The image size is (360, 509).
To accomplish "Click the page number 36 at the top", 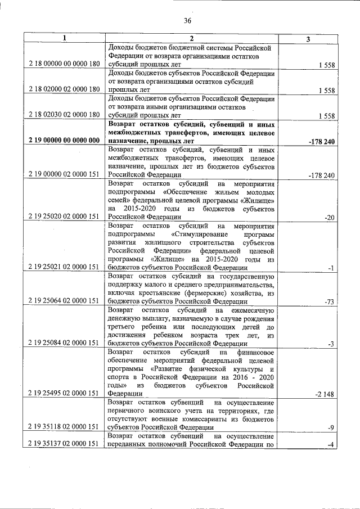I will tap(187, 21).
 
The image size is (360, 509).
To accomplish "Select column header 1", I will tap(64, 38).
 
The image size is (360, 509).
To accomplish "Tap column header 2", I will tap(191, 38).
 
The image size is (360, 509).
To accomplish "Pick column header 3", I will tap(307, 38).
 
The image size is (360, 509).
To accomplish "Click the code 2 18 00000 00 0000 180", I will tap(64, 65).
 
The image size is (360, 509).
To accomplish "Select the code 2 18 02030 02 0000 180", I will tap(64, 115).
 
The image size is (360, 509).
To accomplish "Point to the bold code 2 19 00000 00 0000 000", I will tap(64, 141).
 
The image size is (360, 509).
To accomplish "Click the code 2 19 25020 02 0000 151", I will tap(64, 216).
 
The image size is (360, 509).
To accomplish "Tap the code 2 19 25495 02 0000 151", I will tap(64, 394).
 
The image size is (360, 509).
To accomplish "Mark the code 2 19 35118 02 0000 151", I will tap(64, 427).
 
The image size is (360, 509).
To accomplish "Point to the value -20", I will tap(330, 217).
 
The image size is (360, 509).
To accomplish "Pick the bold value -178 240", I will tap(322, 141).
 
